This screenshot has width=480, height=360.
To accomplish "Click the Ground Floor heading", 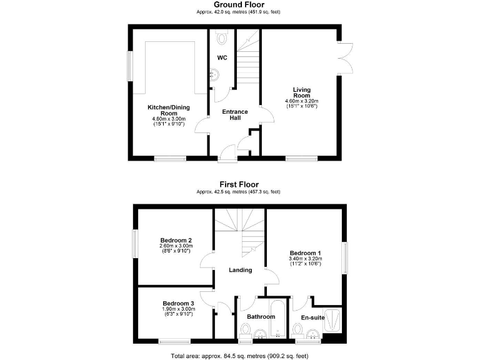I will [239, 5].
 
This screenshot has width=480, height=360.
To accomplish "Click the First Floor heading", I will [239, 184].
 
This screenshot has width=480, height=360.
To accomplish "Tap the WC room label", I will [222, 58].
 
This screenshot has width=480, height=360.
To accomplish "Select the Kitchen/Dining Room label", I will [169, 111].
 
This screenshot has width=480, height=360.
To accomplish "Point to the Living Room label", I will [302, 93].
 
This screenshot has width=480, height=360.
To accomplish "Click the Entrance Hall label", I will [236, 115].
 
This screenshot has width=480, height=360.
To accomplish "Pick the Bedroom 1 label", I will [305, 253].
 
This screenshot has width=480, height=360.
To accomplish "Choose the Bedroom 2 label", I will [176, 241].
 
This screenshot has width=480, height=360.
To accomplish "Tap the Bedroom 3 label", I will [177, 304].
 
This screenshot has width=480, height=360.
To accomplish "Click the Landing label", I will [241, 271].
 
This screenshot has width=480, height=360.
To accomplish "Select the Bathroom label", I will [261, 317].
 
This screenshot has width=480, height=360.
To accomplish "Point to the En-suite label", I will [312, 318].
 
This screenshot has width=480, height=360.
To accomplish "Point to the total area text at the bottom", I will [239, 356].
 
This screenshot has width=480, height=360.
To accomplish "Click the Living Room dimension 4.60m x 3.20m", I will [302, 101].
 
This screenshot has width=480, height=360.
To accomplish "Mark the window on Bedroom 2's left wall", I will [134, 245].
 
